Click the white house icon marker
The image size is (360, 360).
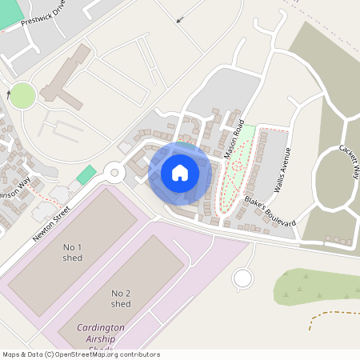click(179, 173)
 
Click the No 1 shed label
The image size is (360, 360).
click(73, 253)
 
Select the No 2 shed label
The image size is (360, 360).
click(121, 298)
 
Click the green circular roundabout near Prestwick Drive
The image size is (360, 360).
click(22, 96)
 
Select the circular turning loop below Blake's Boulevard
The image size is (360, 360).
click(242, 278)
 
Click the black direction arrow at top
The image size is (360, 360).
click(179, 18)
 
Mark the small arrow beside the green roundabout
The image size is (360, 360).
click(9, 94)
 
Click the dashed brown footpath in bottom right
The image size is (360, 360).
click(332, 315)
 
